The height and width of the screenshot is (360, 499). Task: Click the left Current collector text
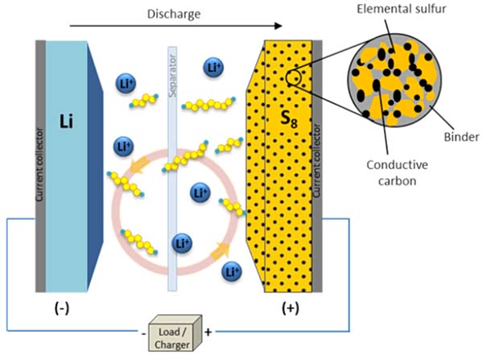click(x=39, y=161)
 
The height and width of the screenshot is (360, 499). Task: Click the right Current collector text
click(x=316, y=161)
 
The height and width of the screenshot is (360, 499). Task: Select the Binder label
click(x=462, y=137)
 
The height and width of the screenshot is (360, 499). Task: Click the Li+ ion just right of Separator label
click(x=213, y=67)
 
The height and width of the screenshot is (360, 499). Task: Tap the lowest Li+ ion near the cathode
click(x=231, y=271)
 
